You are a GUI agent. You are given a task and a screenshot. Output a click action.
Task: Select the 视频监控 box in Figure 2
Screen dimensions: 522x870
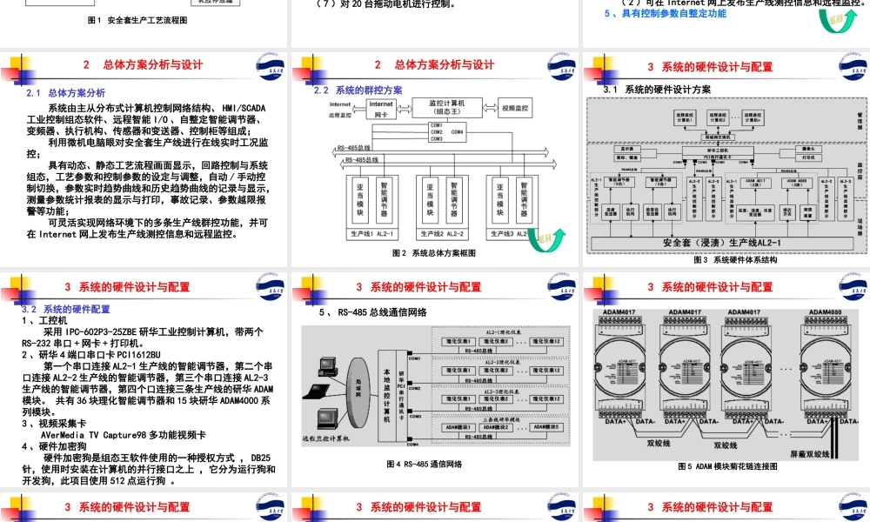(515, 109)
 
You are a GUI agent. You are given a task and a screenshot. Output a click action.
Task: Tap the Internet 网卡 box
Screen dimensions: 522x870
(381, 109)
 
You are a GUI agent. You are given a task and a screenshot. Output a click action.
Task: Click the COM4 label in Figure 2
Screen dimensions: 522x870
(458, 131)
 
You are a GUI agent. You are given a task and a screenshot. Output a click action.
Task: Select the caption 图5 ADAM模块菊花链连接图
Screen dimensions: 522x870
(726, 467)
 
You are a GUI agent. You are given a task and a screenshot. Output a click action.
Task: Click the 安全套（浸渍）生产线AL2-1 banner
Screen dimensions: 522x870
(719, 243)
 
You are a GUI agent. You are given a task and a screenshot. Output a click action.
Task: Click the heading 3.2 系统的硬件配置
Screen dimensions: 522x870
(65, 309)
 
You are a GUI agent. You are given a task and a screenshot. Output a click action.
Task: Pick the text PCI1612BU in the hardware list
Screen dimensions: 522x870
(139, 354)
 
